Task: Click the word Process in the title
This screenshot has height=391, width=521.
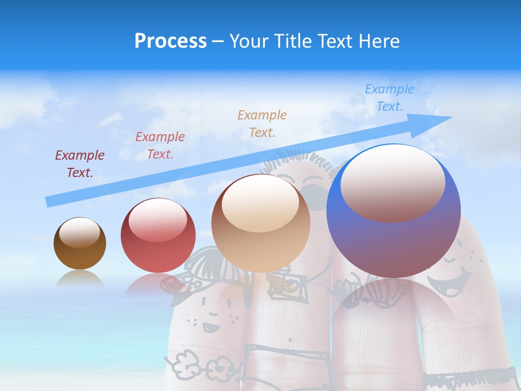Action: point(170,41)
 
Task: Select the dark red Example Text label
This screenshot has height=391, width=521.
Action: point(79,163)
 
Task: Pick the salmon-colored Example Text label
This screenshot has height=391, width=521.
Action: point(160,145)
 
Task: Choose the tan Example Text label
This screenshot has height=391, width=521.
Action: point(262,123)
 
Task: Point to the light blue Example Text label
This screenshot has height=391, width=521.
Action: point(389,97)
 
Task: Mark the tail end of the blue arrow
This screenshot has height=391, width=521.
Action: point(49,201)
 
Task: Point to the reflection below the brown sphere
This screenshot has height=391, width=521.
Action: point(79,278)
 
